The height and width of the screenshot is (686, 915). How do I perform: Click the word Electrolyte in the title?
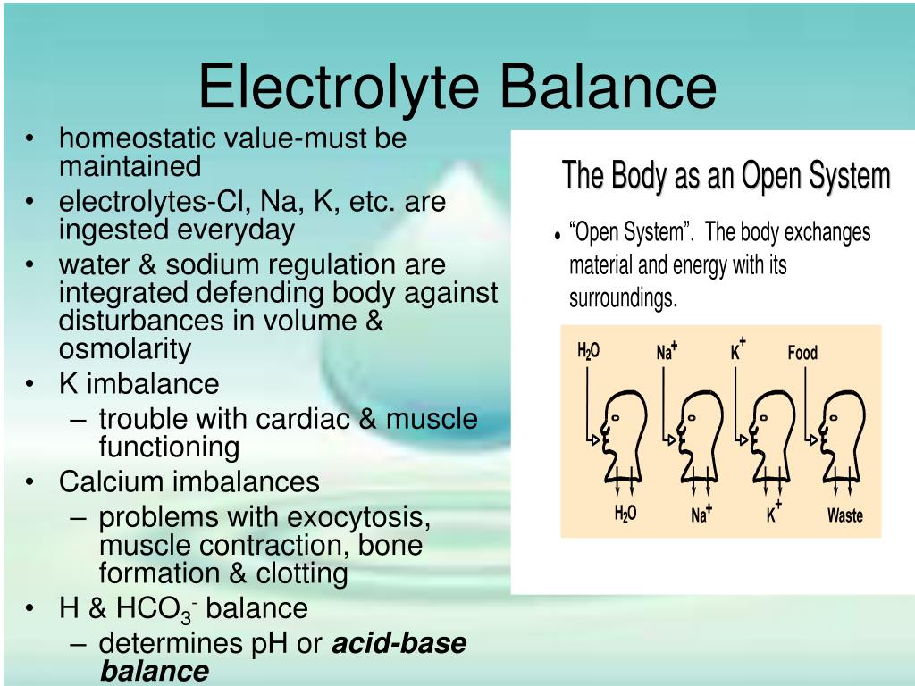coord(339,88)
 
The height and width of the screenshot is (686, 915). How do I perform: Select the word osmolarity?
coord(125,349)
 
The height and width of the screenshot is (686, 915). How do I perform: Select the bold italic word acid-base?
coord(399,643)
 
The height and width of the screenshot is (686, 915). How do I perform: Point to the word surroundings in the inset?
coord(623,298)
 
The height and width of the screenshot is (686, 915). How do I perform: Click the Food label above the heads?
coord(802,352)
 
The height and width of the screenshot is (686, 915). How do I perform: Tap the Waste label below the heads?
coord(845,515)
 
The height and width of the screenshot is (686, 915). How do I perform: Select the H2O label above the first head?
coord(588,351)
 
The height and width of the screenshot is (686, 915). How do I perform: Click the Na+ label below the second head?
coord(701,514)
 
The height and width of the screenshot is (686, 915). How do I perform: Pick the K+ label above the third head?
coord(738,349)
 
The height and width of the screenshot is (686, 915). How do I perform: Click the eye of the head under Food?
coord(834,418)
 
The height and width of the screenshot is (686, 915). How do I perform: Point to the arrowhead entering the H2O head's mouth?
coord(595,439)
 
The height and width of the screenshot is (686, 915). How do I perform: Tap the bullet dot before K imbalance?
coord(29,384)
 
